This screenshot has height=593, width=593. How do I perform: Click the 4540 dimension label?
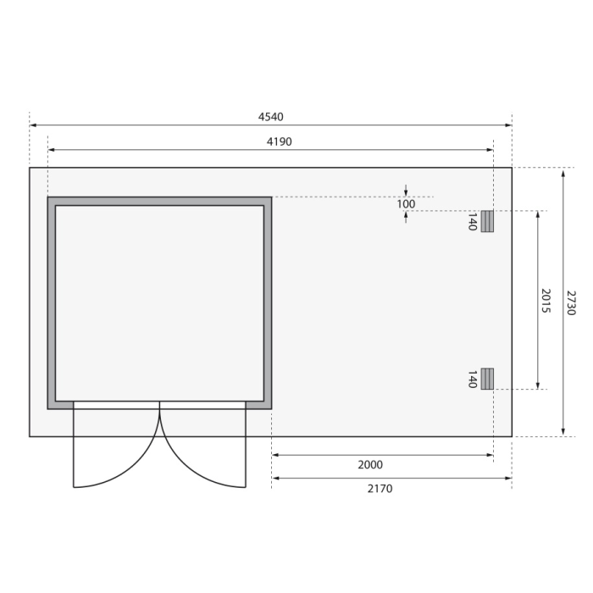tap(271, 117)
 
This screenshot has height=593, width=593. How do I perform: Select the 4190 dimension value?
tap(280, 141)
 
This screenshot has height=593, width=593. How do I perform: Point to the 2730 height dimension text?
tap(571, 302)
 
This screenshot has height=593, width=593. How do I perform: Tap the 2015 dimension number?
tap(546, 301)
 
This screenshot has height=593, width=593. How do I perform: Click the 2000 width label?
tap(370, 465)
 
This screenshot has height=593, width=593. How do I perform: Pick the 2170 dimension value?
tap(380, 489)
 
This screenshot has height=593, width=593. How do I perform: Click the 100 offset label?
tap(406, 204)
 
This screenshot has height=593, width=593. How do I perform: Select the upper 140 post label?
tap(472, 222)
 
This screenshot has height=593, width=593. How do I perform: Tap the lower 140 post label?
tap(472, 380)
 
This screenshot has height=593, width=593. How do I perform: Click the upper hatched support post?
tap(487, 221)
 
